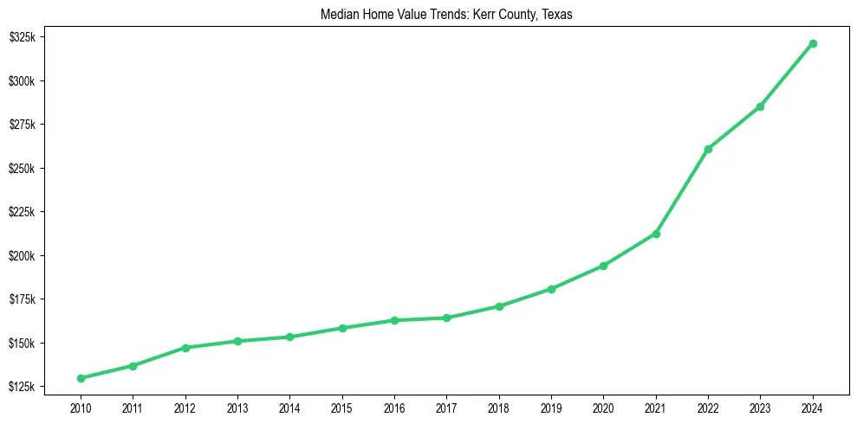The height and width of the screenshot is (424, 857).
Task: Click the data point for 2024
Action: tap(813, 43)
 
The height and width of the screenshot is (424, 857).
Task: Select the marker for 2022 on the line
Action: tap(708, 149)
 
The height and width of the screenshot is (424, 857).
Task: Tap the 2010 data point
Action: tap(81, 378)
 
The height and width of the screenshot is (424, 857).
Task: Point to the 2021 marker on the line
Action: tap(656, 234)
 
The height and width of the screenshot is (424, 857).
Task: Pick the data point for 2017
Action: tap(446, 318)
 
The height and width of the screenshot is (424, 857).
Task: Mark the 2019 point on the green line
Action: tap(551, 289)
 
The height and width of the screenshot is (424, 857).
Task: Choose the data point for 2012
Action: tap(185, 348)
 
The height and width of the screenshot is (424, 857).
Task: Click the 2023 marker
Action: tap(760, 106)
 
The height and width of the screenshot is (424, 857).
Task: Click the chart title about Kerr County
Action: tap(428, 15)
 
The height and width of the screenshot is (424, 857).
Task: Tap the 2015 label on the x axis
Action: tap(342, 406)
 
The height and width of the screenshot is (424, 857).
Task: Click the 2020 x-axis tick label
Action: tap(603, 406)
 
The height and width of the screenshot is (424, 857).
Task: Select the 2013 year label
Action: tap(237, 406)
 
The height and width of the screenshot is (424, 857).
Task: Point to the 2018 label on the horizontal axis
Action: tap(499, 406)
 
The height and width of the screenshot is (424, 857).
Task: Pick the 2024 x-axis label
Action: tap(813, 406)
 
